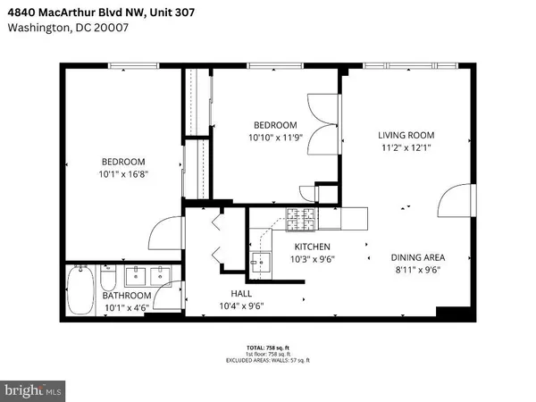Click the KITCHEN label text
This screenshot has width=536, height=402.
pos(313,247)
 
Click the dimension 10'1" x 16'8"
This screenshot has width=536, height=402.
pos(123,175)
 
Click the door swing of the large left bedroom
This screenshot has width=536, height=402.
pos(164,234)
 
